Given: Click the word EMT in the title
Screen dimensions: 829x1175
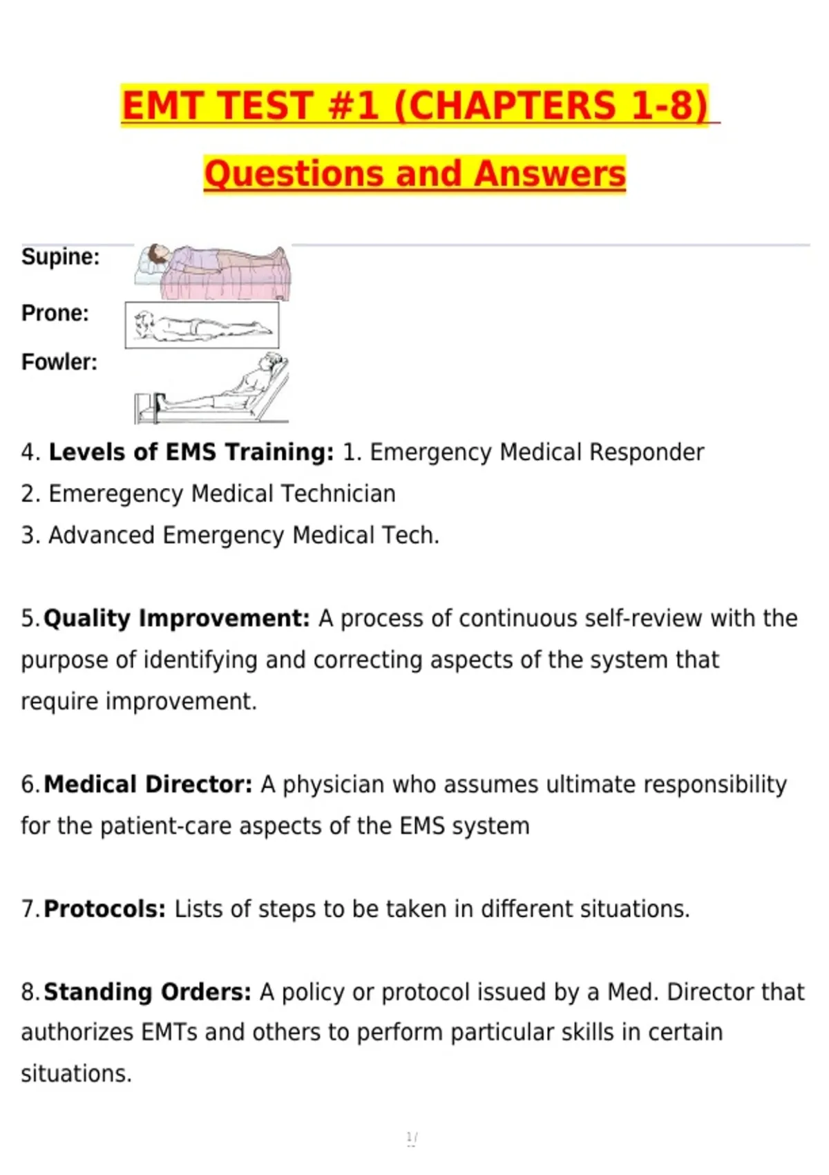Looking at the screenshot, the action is (x=163, y=105).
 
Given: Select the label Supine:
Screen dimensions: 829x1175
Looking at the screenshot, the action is (x=60, y=257).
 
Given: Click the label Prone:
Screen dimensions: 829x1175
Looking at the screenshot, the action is (x=55, y=313).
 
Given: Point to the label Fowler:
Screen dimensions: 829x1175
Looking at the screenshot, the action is (x=59, y=362).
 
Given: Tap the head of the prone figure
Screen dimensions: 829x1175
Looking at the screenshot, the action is (x=144, y=321).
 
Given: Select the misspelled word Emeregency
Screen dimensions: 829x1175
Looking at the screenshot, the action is (x=116, y=494).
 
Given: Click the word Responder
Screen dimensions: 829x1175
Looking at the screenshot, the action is (x=647, y=452).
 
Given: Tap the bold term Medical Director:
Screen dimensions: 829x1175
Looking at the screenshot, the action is (x=148, y=784).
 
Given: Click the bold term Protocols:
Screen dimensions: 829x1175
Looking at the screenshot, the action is (x=105, y=909).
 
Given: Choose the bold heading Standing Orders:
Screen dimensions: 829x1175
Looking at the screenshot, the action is (x=147, y=992).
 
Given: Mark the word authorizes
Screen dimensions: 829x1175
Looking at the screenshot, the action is (x=77, y=1033).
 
